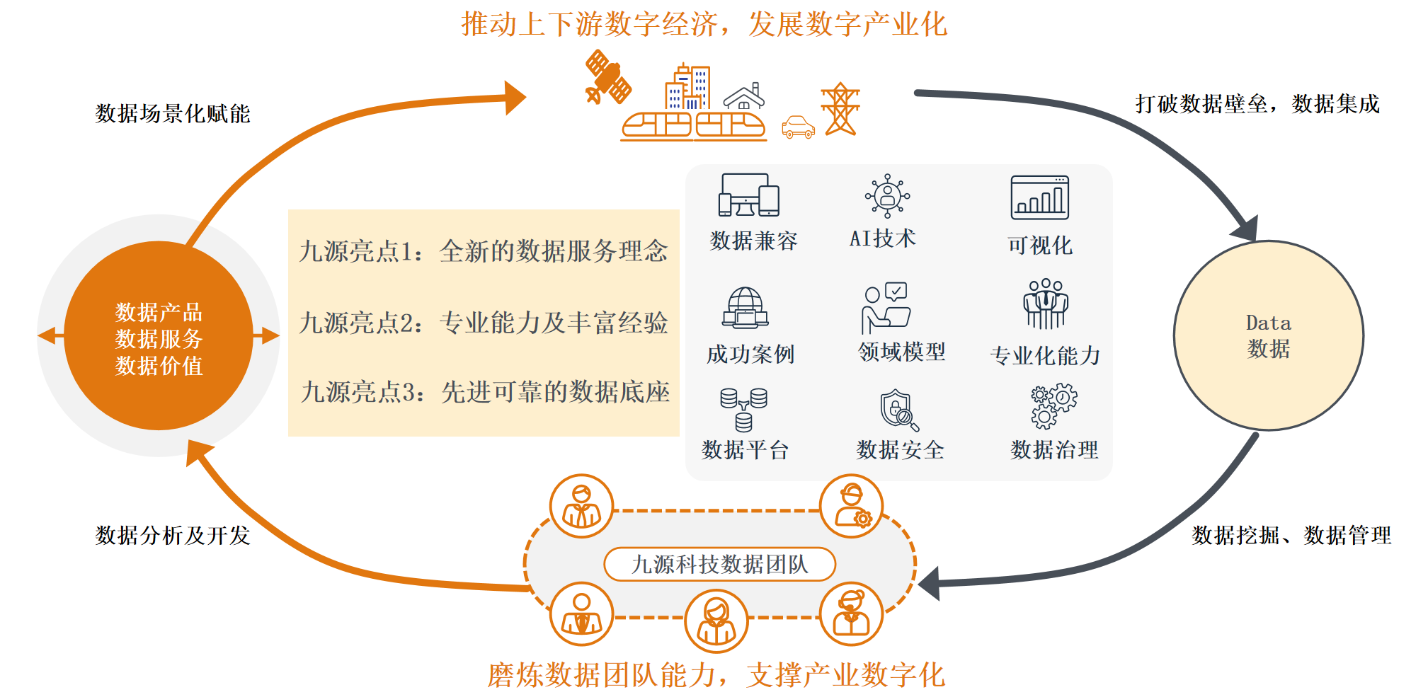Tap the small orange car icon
tap(798, 127)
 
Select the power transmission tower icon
tap(840, 109)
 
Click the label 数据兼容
tap(753, 241)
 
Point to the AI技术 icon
tap(887, 195)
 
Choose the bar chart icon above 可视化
tap(1039, 197)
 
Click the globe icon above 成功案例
tap(746, 308)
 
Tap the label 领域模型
tap(901, 352)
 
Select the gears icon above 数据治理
tap(1053, 406)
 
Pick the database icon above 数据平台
tap(743, 409)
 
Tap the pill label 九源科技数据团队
tap(719, 564)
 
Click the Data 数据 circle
tap(1268, 335)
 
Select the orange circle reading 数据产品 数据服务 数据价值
tap(159, 336)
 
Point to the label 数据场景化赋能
tap(173, 113)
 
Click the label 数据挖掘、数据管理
tap(1291, 535)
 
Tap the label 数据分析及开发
tap(173, 535)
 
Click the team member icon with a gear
tap(851, 506)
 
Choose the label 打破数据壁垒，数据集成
tap(1257, 104)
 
